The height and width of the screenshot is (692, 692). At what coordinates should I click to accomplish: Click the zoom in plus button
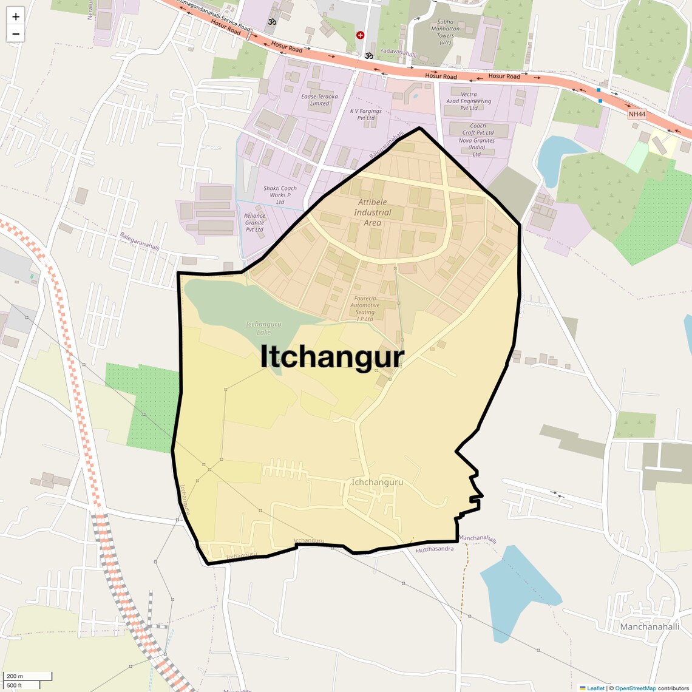click(x=16, y=16)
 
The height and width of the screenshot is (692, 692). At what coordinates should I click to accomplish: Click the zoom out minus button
click(x=16, y=34)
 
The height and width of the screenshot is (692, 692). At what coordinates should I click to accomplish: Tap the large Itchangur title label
click(x=332, y=357)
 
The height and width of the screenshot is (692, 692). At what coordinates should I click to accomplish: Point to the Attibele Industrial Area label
click(x=373, y=212)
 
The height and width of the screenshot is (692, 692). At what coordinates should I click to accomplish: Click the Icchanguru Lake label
click(x=264, y=328)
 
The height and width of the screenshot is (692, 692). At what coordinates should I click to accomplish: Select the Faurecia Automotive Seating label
click(x=365, y=308)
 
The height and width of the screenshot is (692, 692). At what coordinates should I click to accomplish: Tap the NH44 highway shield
click(x=637, y=114)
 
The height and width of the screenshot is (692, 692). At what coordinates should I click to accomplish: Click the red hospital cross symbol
click(x=360, y=35)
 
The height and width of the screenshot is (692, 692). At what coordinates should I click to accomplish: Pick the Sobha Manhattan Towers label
click(x=445, y=32)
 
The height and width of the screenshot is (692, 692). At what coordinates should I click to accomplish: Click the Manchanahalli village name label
click(x=650, y=626)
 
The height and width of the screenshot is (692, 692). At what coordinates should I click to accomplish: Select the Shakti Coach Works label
click(x=280, y=195)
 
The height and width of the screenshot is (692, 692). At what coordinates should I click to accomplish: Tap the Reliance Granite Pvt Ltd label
click(x=255, y=222)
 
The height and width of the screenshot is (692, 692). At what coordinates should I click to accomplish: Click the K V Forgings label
click(x=366, y=115)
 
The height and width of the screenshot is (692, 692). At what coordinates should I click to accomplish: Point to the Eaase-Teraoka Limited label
click(x=319, y=100)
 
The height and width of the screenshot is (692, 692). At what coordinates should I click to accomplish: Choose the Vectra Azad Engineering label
click(x=469, y=101)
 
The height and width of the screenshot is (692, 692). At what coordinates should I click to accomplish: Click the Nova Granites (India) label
click(x=477, y=147)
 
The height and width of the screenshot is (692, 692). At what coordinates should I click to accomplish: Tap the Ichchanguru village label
click(x=377, y=483)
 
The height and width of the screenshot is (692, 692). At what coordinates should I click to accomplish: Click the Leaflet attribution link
click(x=595, y=688)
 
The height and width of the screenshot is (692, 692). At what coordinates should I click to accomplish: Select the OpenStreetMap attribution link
click(x=636, y=688)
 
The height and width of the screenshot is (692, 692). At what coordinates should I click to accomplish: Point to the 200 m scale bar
click(x=27, y=676)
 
